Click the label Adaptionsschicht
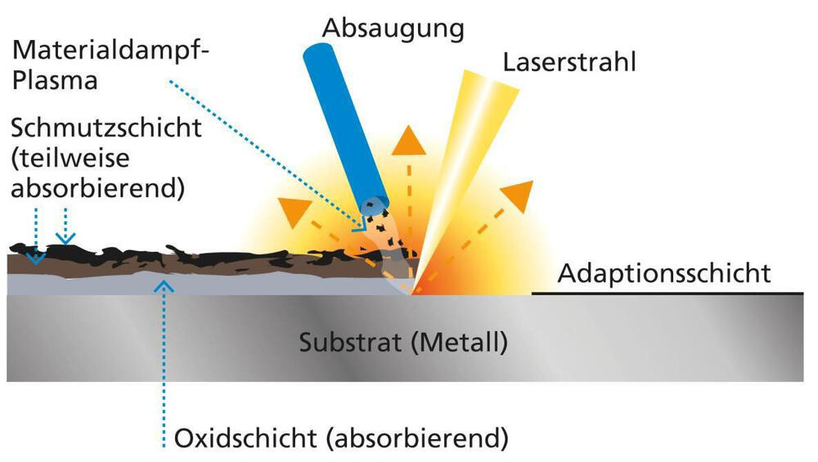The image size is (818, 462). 663,272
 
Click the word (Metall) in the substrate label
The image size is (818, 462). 459,340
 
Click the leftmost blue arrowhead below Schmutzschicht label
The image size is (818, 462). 34,258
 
